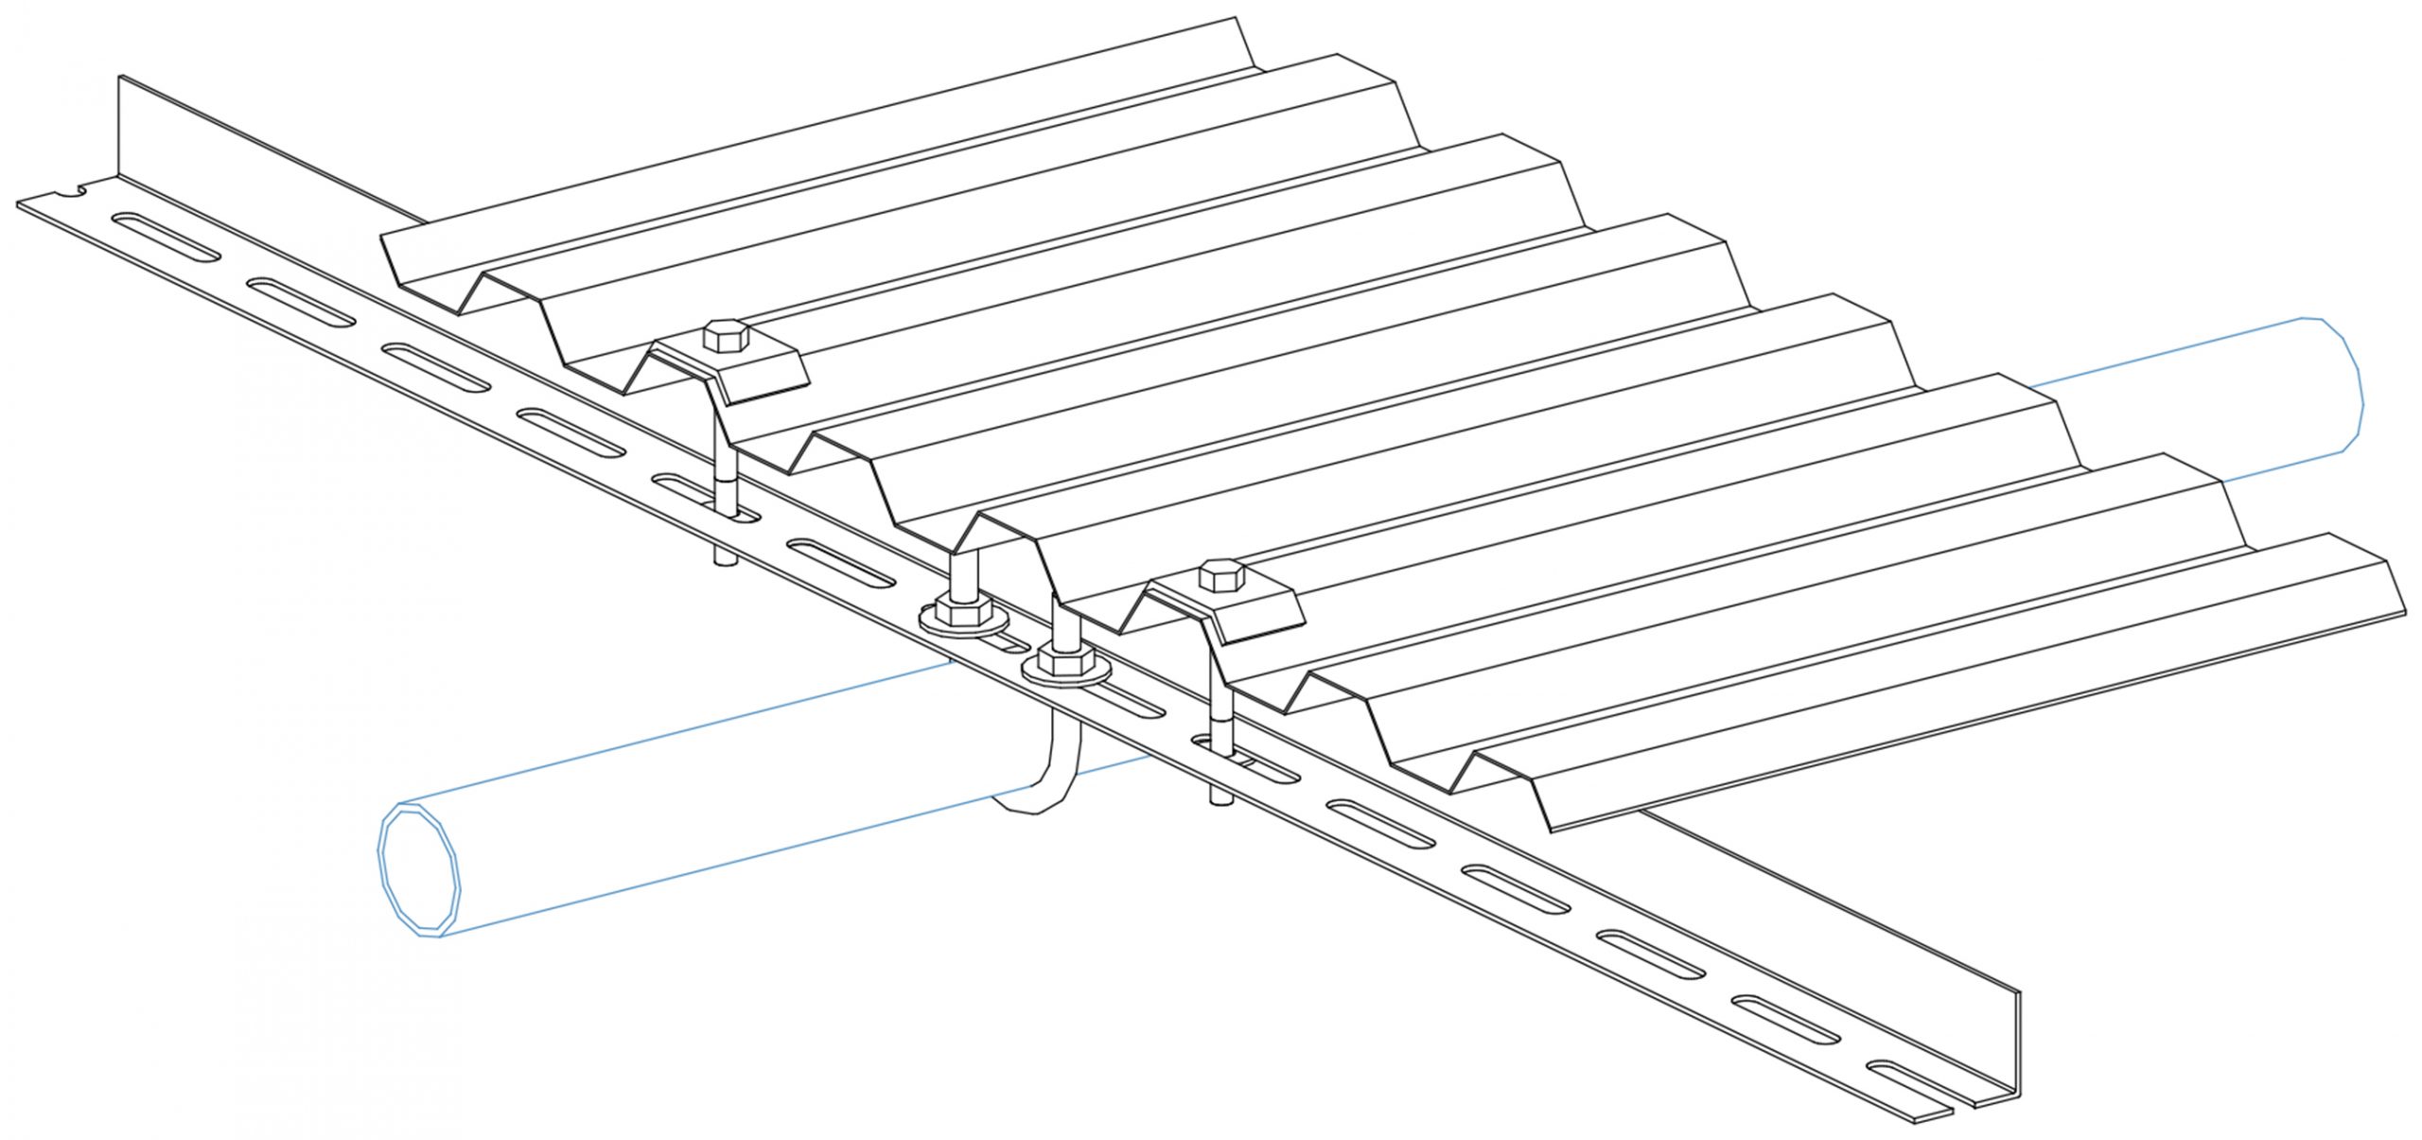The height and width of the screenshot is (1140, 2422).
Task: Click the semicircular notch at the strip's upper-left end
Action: click(x=72, y=195)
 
